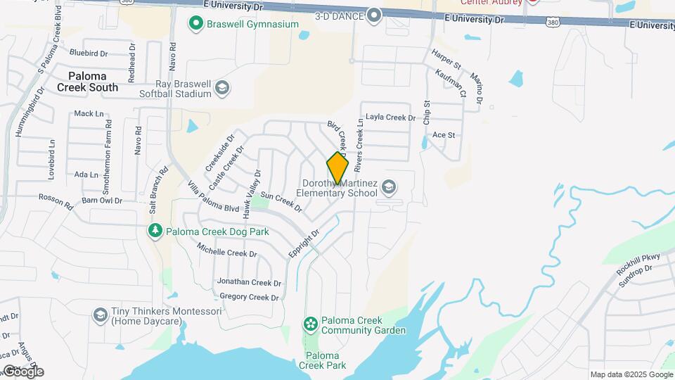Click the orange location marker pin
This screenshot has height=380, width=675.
(337, 168)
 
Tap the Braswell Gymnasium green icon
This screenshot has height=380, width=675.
(197, 24)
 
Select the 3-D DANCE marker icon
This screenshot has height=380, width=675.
(374, 15)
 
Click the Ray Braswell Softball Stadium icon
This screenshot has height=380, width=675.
(222, 87)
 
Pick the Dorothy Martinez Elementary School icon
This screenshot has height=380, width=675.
(389, 187)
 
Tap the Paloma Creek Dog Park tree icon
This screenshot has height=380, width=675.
(155, 230)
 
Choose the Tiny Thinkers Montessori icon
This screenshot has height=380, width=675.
(100, 314)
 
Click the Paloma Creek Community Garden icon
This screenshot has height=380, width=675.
(309, 324)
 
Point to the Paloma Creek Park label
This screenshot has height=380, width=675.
(322, 360)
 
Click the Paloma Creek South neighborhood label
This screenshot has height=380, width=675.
(93, 82)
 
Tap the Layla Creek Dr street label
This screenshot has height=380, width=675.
(391, 118)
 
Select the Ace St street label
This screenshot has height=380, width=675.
(444, 134)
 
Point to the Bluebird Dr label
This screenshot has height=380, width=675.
(89, 53)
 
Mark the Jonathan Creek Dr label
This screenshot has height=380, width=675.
(249, 282)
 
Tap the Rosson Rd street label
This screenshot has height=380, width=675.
(56, 202)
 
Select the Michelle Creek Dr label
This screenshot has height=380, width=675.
(226, 251)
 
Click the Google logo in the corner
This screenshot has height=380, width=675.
(23, 371)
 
